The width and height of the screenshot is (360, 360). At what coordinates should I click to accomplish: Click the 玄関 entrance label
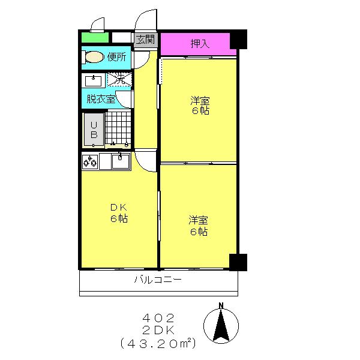[x=145, y=40]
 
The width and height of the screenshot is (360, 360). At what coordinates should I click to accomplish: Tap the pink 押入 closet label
[x=200, y=43]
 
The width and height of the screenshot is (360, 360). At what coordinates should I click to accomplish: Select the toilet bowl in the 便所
[x=94, y=57]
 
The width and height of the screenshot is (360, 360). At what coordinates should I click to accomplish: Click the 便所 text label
[x=117, y=57]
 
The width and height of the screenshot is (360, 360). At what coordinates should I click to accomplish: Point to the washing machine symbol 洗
[x=120, y=79]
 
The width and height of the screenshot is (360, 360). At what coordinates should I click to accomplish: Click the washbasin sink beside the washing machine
[x=94, y=81]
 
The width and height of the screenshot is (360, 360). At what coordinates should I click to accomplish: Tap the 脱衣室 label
[x=101, y=99]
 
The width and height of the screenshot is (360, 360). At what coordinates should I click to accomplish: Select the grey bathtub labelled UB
[x=94, y=130]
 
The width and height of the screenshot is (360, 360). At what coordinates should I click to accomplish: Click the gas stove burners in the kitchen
[x=90, y=161]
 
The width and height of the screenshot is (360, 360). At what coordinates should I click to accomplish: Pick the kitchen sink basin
[x=121, y=161]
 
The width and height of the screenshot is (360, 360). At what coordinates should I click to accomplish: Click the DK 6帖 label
[x=119, y=213]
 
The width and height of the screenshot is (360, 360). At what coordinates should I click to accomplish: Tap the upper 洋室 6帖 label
[x=200, y=106]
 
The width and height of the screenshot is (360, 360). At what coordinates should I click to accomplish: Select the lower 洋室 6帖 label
[x=199, y=226]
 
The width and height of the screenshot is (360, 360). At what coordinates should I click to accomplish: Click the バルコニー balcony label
[x=158, y=280]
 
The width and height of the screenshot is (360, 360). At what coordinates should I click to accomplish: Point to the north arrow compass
[x=221, y=324]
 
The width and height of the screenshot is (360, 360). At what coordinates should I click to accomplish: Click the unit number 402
[x=158, y=318]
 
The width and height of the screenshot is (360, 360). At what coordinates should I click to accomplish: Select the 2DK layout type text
[x=158, y=331]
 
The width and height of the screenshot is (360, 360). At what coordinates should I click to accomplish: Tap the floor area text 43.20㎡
[x=158, y=343]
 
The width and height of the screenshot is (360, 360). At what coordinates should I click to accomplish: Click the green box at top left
[x=95, y=37]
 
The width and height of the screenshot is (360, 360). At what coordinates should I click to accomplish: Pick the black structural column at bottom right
[x=238, y=262]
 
